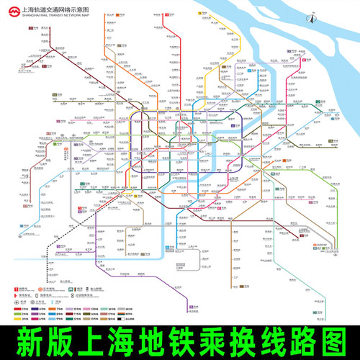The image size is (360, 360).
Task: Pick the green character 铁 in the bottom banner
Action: tap(213, 339)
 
